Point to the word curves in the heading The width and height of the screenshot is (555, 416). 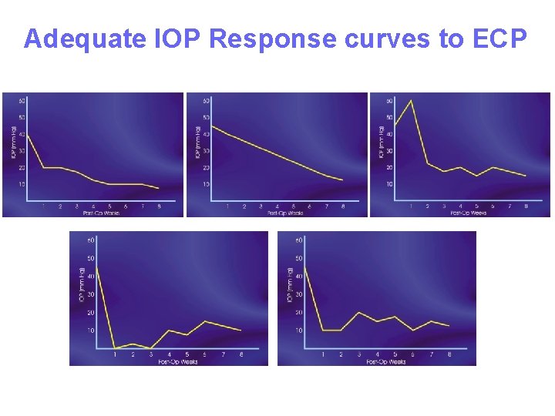[385, 39]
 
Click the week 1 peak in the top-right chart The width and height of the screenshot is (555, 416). [411, 100]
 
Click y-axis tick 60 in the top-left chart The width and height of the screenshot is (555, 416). [22, 101]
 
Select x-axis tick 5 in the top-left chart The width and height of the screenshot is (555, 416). [109, 206]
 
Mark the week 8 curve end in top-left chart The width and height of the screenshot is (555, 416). [159, 188]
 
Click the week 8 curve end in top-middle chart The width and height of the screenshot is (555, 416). [342, 180]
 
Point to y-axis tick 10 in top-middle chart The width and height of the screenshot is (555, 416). [206, 184]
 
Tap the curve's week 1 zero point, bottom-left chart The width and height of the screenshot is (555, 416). [115, 347]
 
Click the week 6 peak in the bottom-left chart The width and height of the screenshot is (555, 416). [206, 321]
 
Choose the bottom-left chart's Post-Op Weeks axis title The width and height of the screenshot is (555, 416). [178, 361]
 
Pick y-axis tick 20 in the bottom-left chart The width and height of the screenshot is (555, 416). [91, 312]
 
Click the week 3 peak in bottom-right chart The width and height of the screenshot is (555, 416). [358, 312]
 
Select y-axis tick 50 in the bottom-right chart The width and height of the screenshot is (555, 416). [298, 258]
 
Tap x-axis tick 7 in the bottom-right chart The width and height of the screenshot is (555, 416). [431, 354]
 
